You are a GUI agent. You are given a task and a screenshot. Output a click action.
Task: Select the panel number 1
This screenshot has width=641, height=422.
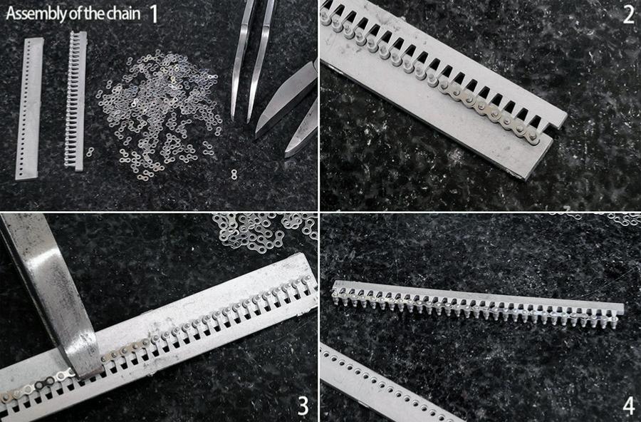pos(154,14)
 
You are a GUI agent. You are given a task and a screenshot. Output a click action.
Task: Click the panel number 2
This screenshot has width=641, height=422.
pos(628,15)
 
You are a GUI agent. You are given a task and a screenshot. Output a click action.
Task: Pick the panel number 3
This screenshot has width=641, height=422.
pos(302,406)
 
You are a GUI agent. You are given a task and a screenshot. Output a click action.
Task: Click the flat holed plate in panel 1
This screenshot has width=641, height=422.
pos(29,108)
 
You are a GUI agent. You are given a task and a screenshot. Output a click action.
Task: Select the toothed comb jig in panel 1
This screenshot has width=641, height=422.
pos(76,101)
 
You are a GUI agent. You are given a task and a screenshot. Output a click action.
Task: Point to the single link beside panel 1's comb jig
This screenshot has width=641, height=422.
pos(90,152)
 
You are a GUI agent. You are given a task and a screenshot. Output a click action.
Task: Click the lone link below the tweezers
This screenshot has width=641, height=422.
pos(234,174)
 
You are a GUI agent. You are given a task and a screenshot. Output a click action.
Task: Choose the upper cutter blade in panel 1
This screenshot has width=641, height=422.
pos(286,98)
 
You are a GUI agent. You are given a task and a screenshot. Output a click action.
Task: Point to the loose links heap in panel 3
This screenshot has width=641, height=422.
pos(265,230)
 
